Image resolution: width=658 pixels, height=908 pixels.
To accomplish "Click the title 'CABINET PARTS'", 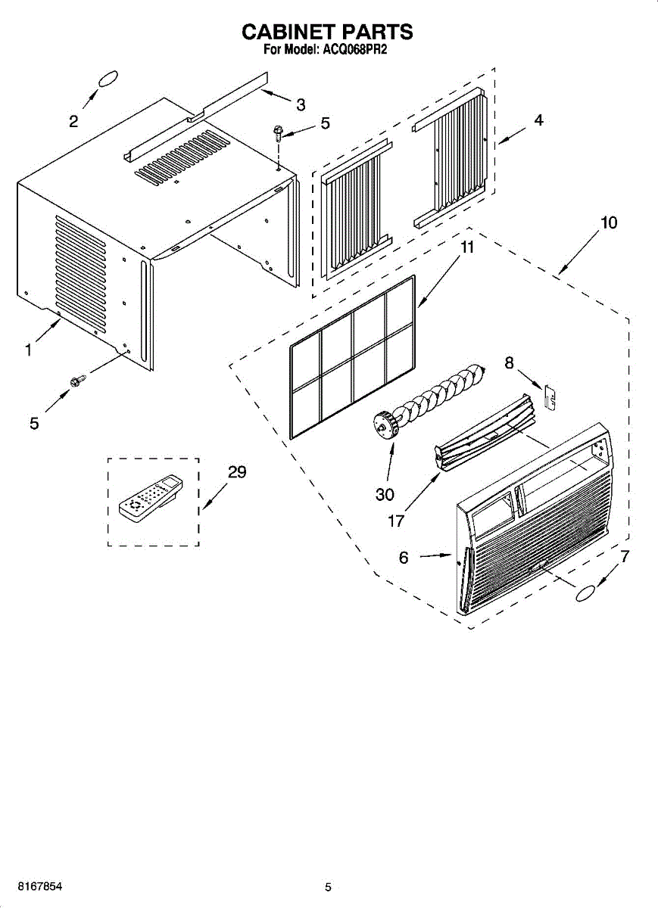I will click(327, 32).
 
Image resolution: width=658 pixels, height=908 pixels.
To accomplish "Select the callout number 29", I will click(237, 472).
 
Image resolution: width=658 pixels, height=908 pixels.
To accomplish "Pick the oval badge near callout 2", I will click(107, 79).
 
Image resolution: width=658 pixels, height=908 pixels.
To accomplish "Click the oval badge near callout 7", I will click(588, 594).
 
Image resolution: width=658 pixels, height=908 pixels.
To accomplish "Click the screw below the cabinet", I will click(76, 382).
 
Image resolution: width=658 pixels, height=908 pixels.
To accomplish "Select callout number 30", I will click(385, 494).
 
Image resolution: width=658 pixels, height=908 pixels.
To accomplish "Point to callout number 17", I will click(396, 521).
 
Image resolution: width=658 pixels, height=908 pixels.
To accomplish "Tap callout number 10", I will click(609, 222).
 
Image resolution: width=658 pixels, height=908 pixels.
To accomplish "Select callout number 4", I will click(538, 120).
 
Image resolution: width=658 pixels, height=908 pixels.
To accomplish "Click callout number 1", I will click(28, 350).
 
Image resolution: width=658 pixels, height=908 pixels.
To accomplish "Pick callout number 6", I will click(404, 558).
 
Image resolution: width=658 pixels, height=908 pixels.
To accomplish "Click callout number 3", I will click(301, 104).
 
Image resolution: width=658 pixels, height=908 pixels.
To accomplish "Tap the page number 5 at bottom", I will click(328, 887).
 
